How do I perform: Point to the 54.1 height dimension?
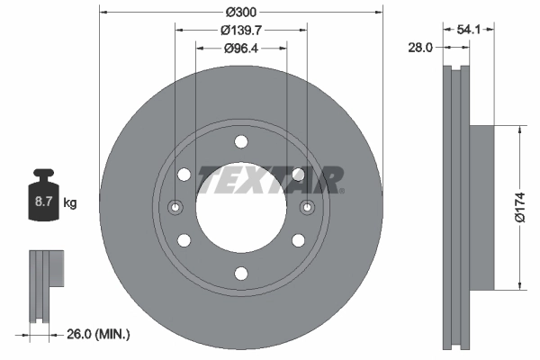(x=468, y=29)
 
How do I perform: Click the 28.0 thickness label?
(x=421, y=47)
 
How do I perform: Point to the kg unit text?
(x=70, y=203)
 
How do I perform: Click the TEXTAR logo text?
(x=270, y=179)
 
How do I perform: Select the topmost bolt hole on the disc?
(x=240, y=141)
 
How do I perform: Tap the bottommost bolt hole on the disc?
(x=240, y=274)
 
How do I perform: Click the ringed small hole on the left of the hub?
(x=175, y=208)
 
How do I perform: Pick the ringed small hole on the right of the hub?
(x=307, y=208)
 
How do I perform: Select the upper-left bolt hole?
(x=184, y=175)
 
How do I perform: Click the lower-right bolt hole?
(x=298, y=240)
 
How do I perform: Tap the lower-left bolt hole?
(x=184, y=240)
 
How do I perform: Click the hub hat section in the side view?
(x=481, y=207)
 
